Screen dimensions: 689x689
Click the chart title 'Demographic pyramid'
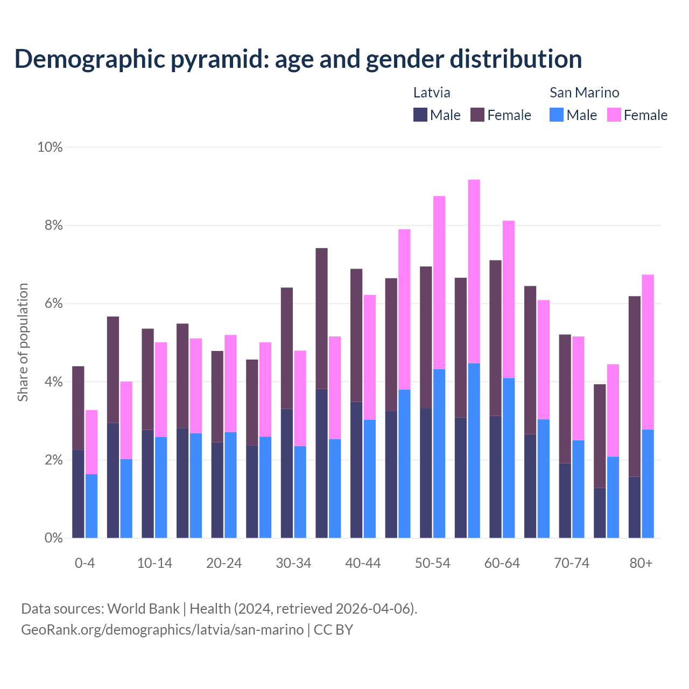click(298, 59)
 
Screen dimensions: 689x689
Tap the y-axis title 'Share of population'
click(23, 342)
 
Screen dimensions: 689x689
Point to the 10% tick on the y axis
click(50, 147)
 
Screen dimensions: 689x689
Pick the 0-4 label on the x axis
click(85, 563)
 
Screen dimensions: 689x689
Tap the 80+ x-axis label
click(641, 563)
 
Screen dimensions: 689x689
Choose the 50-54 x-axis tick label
click(432, 563)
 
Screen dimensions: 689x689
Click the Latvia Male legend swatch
click(420, 115)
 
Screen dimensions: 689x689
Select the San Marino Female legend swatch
click(614, 115)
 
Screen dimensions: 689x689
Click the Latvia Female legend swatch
click(477, 115)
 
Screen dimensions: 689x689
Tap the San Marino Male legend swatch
click(557, 115)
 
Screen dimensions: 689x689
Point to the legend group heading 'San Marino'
click(584, 93)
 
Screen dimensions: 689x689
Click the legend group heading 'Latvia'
click(432, 93)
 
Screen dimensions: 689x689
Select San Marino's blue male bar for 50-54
click(439, 453)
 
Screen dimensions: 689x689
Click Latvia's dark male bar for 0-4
click(78, 494)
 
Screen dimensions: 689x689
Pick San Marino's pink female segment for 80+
click(648, 352)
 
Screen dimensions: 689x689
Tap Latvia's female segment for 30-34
click(287, 348)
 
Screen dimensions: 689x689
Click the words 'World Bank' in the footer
click(143, 609)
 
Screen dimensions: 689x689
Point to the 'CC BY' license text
click(333, 630)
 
